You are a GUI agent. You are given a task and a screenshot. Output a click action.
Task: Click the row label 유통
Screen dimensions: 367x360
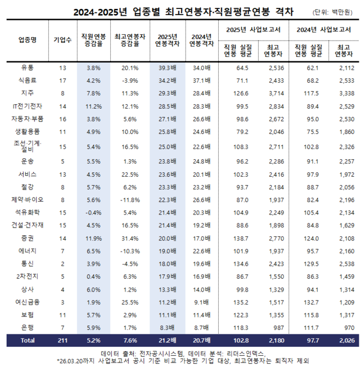point(27,68)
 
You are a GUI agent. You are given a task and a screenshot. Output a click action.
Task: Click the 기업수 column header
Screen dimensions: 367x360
point(62,39)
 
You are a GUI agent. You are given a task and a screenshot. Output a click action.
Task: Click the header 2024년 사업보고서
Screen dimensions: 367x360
point(323,28)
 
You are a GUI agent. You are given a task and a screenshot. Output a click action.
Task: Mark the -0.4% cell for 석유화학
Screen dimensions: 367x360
point(93,212)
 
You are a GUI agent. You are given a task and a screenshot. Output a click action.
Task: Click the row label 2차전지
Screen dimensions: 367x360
point(27,277)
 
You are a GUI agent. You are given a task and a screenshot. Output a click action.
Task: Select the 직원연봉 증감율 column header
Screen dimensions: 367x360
point(93,39)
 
